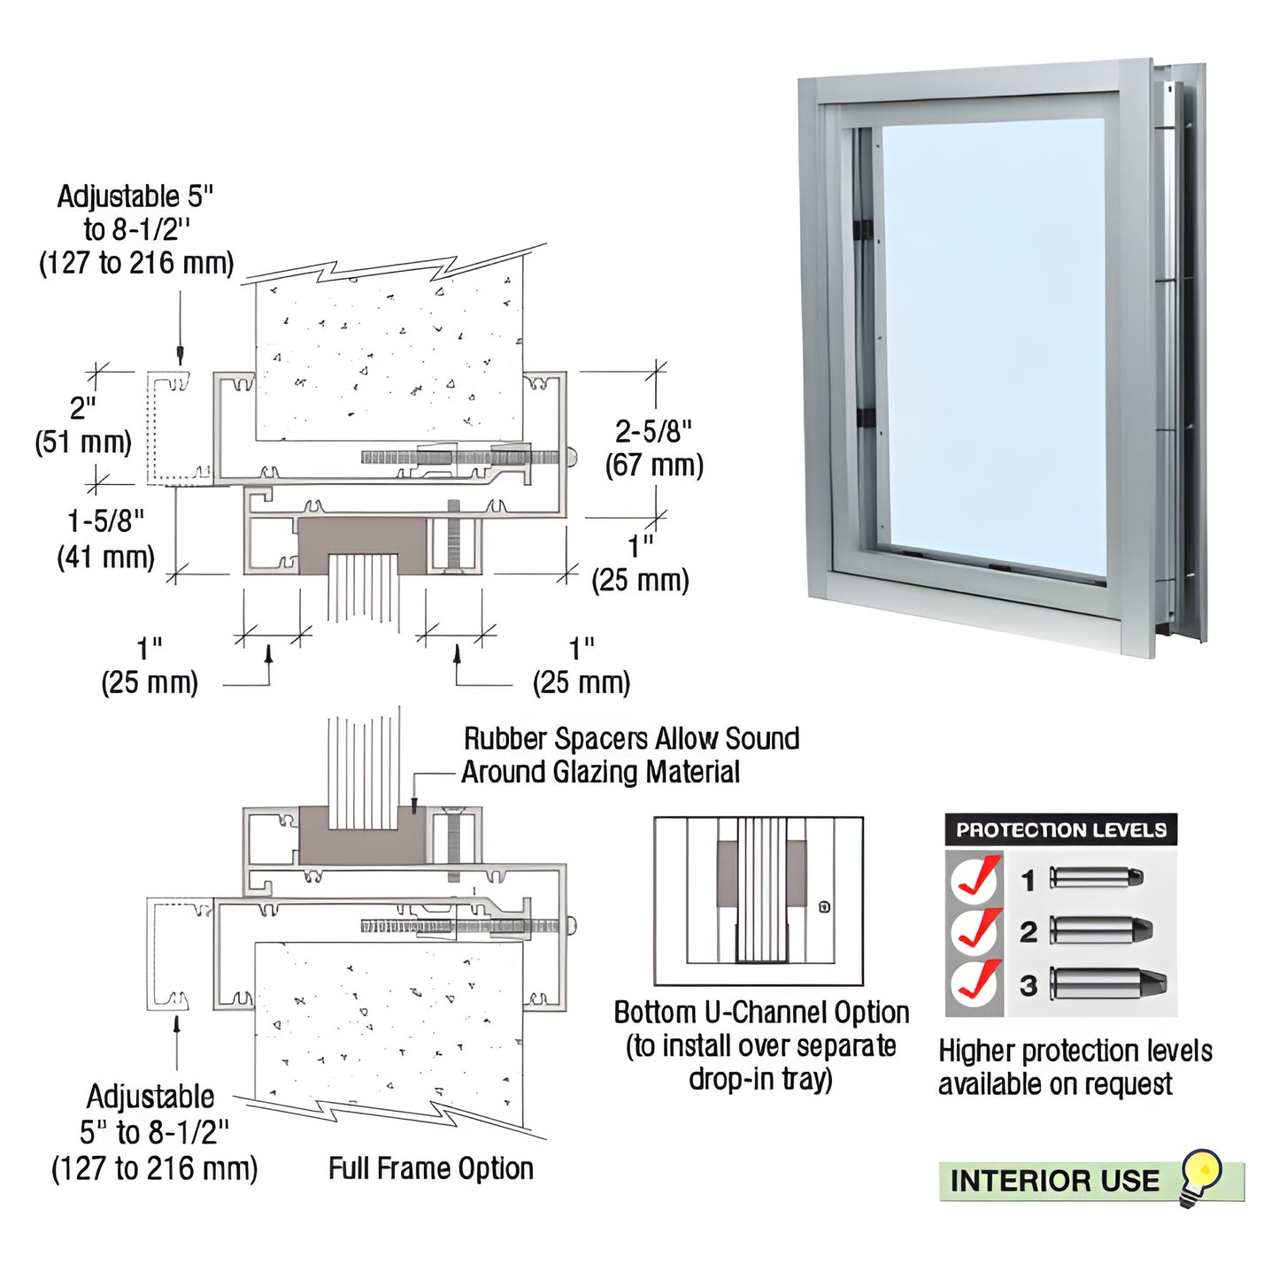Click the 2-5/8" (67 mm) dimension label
click(x=654, y=448)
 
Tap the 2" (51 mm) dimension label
click(x=83, y=425)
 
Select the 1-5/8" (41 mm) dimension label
click(x=105, y=538)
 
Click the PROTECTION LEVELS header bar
click(x=1060, y=830)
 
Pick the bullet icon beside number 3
click(x=1108, y=983)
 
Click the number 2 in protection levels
click(x=1028, y=932)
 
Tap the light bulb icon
click(x=1202, y=1176)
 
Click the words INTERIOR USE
click(x=1054, y=1181)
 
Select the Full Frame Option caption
click(x=431, y=1168)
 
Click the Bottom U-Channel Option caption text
click(x=761, y=1045)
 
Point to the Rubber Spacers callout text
click(x=630, y=755)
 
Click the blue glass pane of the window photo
click(x=993, y=345)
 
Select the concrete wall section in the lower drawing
click(x=389, y=1027)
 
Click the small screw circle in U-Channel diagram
click(x=825, y=906)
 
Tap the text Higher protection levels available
click(x=1075, y=1067)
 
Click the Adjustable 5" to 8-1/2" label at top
click(x=136, y=229)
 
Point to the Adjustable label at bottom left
click(x=154, y=1132)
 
